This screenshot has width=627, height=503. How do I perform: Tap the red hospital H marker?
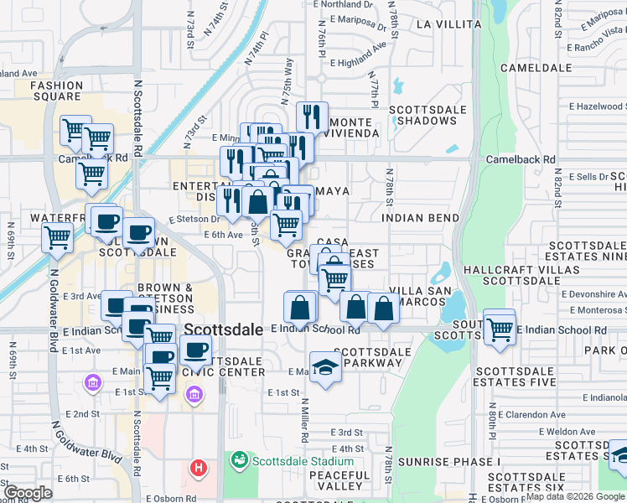(199, 467)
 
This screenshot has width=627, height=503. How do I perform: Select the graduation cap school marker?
(325, 366)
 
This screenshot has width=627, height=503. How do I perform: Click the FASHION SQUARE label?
(56, 91)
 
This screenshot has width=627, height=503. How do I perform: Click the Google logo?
(28, 493)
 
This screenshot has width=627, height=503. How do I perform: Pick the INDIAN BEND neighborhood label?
(420, 218)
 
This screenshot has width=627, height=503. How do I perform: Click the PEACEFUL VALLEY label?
(339, 480)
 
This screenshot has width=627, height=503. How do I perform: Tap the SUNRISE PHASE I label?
(448, 462)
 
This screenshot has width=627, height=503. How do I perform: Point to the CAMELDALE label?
(535, 67)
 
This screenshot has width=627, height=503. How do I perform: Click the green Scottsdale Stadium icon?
(240, 461)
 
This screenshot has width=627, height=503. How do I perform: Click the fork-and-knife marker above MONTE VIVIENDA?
(312, 117)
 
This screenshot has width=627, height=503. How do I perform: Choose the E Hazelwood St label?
(596, 106)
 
